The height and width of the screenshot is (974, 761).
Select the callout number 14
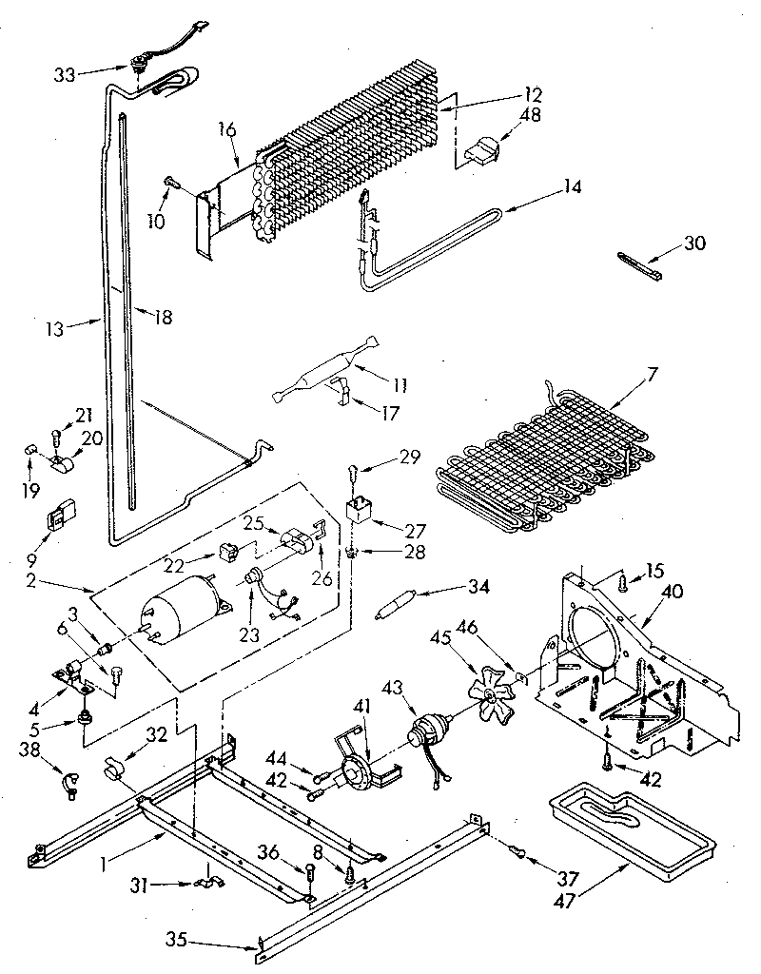(571, 188)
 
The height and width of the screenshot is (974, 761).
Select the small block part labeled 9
(60, 518)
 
